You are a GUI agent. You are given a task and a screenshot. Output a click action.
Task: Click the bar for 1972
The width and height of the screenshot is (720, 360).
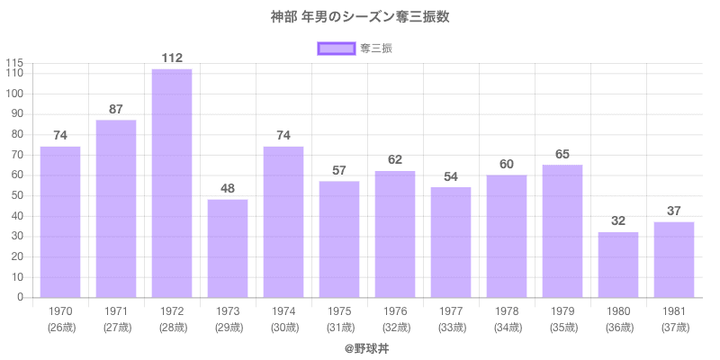tap(172, 184)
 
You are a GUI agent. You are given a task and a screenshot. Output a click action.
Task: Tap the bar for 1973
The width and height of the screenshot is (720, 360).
tap(228, 248)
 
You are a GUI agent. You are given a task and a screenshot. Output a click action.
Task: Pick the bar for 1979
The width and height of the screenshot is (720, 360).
tap(562, 231)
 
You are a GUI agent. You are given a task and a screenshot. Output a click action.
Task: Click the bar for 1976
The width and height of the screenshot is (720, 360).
tap(395, 234)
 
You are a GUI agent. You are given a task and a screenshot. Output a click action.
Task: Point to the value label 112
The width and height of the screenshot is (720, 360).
tap(172, 58)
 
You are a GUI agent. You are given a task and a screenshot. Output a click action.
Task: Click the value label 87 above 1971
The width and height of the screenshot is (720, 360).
tap(116, 110)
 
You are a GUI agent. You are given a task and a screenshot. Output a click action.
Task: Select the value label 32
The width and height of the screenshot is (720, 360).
tap(618, 221)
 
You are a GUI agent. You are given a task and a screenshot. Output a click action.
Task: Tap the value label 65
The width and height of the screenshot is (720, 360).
tap(562, 155)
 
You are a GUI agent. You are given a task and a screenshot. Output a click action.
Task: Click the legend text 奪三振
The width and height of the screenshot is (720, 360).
tap(375, 48)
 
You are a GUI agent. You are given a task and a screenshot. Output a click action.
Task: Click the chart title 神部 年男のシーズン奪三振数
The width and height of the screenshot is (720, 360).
tap(360, 17)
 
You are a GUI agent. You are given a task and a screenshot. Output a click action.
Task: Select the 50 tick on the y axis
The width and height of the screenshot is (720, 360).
tap(16, 195)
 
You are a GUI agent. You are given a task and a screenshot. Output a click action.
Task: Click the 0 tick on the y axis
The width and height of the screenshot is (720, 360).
tap(20, 298)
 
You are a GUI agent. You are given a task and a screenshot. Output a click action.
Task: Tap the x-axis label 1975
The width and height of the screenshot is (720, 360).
tap(339, 311)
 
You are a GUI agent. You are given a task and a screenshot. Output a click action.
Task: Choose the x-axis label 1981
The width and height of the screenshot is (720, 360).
tap(674, 311)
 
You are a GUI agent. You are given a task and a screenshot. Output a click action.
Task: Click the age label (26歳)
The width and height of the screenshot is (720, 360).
tap(60, 327)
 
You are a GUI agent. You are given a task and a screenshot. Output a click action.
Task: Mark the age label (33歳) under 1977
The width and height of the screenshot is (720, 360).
tap(451, 327)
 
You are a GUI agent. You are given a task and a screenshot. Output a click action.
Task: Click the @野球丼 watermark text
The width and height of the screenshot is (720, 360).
tap(360, 347)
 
